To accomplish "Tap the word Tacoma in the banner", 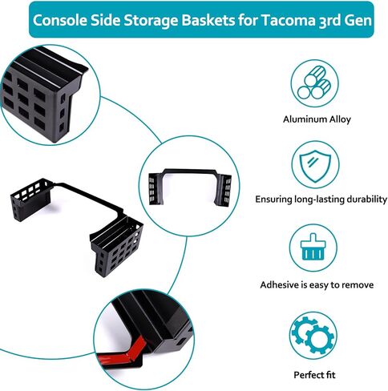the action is point(288,20).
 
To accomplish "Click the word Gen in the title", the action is point(358,20).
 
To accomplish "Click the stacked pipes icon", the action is point(314,83).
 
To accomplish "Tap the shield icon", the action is point(315,166).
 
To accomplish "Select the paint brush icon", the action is point(313,247).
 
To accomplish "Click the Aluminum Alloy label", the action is point(317,119).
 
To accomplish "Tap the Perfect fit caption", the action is point(314,375).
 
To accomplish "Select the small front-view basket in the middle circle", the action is point(190,187).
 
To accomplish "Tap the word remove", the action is point(358,285).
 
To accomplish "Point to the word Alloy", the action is point(340,119).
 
